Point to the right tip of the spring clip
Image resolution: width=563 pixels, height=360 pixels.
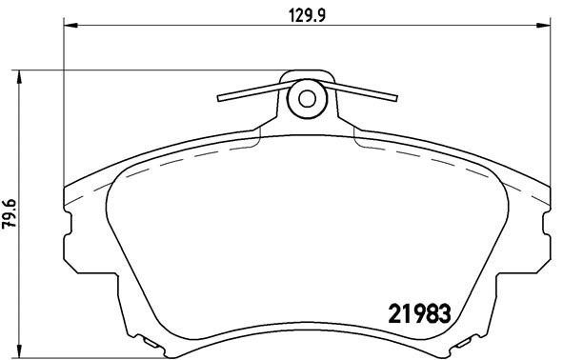(x=394, y=95)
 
